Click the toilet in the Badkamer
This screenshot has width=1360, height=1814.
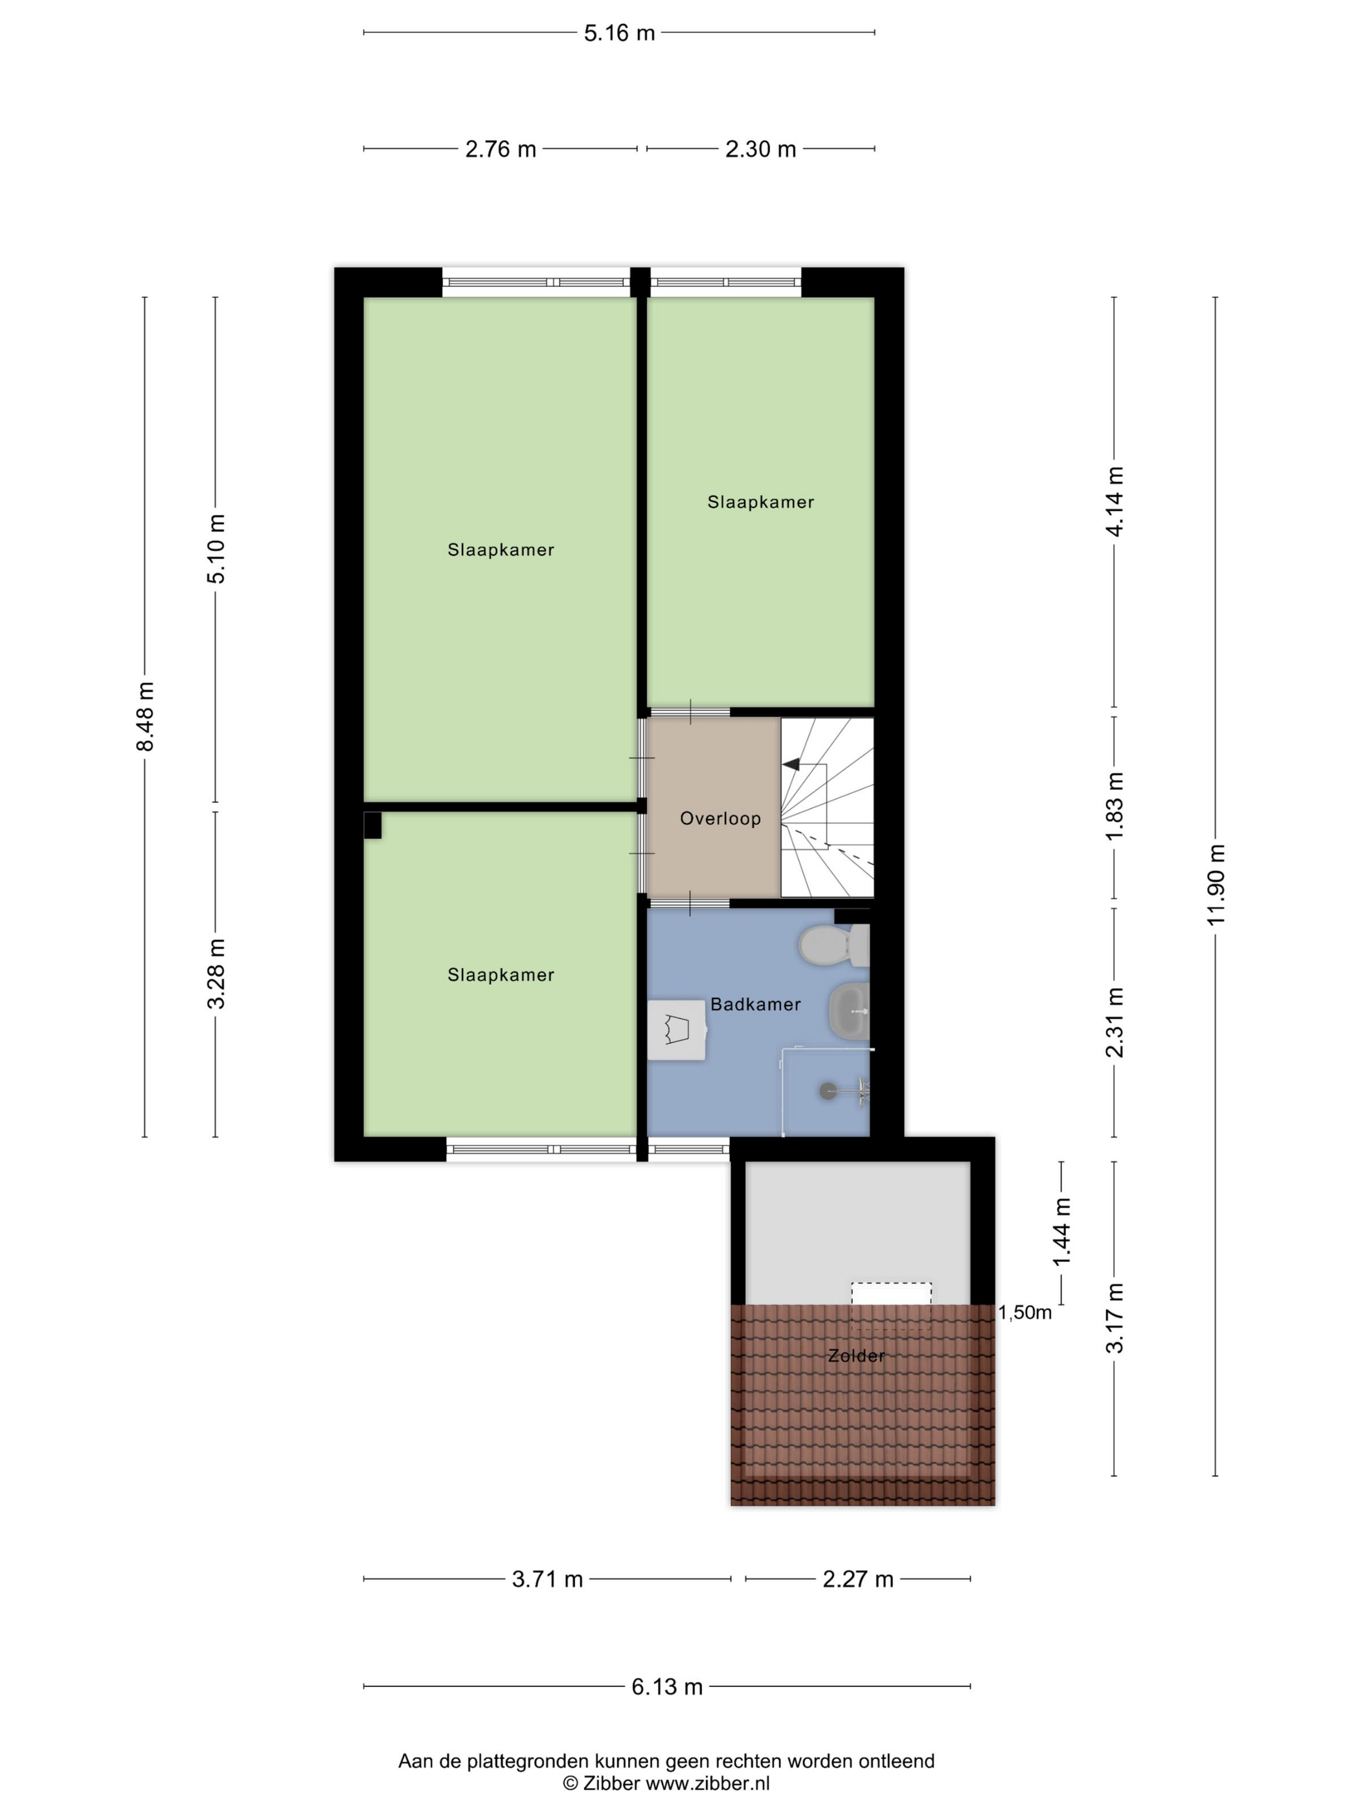pos(833,945)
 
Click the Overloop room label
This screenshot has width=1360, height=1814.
pos(720,818)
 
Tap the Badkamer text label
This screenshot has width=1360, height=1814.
pos(755,1004)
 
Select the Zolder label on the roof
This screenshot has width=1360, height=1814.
pos(856,1355)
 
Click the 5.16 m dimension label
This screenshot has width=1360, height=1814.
pos(619,33)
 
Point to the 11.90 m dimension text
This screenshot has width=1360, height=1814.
pos(1215,884)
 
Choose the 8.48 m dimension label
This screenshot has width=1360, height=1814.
pos(145,716)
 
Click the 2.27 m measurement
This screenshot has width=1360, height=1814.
pos(857,1579)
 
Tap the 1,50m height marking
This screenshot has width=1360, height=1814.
pos(1025,1312)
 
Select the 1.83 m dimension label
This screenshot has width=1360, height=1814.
pos(1114,805)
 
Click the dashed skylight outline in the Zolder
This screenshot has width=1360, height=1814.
pos(891,1305)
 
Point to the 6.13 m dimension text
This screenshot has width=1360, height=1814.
pos(666,1687)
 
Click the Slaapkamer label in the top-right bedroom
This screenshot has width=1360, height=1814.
pos(761,502)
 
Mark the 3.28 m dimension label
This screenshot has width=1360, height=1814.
pos(216,974)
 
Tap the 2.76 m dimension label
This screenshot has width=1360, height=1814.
pos(500,149)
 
